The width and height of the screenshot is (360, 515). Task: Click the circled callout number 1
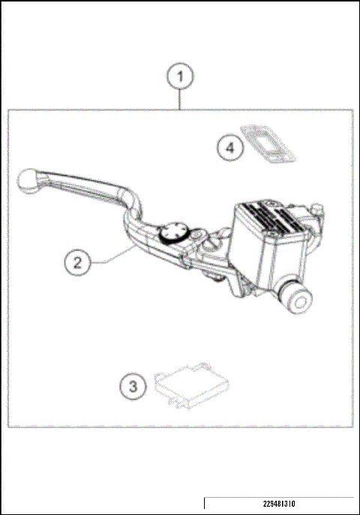tap(180, 76)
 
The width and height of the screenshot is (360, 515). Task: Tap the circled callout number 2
tap(77, 262)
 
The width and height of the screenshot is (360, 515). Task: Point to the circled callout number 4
tap(231, 148)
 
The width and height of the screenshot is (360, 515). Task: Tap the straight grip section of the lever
tap(82, 184)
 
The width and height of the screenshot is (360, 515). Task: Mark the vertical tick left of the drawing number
tap(205, 503)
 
